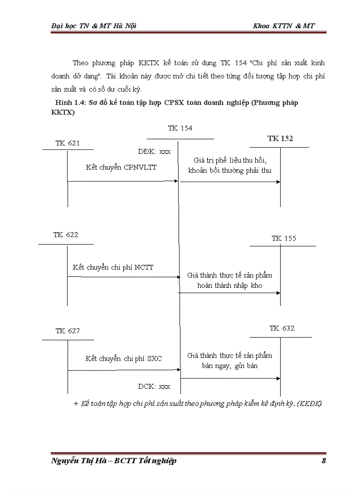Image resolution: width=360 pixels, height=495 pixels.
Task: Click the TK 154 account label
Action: [180, 128]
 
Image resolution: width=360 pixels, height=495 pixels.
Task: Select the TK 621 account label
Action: [67, 143]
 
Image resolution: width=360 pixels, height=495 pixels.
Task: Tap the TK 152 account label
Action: [280, 138]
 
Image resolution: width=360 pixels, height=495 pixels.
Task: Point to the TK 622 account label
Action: [66, 235]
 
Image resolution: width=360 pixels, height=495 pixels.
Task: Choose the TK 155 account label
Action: [284, 238]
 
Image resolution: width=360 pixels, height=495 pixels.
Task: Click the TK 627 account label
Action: [67, 331]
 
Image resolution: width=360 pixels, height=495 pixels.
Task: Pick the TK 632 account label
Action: [282, 328]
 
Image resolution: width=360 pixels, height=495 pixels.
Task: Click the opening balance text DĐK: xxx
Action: [154, 151]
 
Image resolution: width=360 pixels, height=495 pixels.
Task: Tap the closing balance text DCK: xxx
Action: [154, 387]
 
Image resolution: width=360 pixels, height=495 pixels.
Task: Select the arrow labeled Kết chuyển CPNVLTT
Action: [123, 181]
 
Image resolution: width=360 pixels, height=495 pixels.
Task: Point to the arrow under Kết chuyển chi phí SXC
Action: [124, 370]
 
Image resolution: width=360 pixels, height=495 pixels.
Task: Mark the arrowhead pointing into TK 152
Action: [278, 182]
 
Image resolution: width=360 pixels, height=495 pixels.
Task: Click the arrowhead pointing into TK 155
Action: [278, 293]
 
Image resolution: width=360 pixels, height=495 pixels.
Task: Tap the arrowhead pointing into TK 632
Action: [278, 378]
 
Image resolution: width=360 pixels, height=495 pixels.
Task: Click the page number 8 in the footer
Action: [324, 461]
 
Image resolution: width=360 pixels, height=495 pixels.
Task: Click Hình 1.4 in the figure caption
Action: [66, 103]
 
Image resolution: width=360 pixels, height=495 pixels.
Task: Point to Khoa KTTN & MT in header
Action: [284, 26]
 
